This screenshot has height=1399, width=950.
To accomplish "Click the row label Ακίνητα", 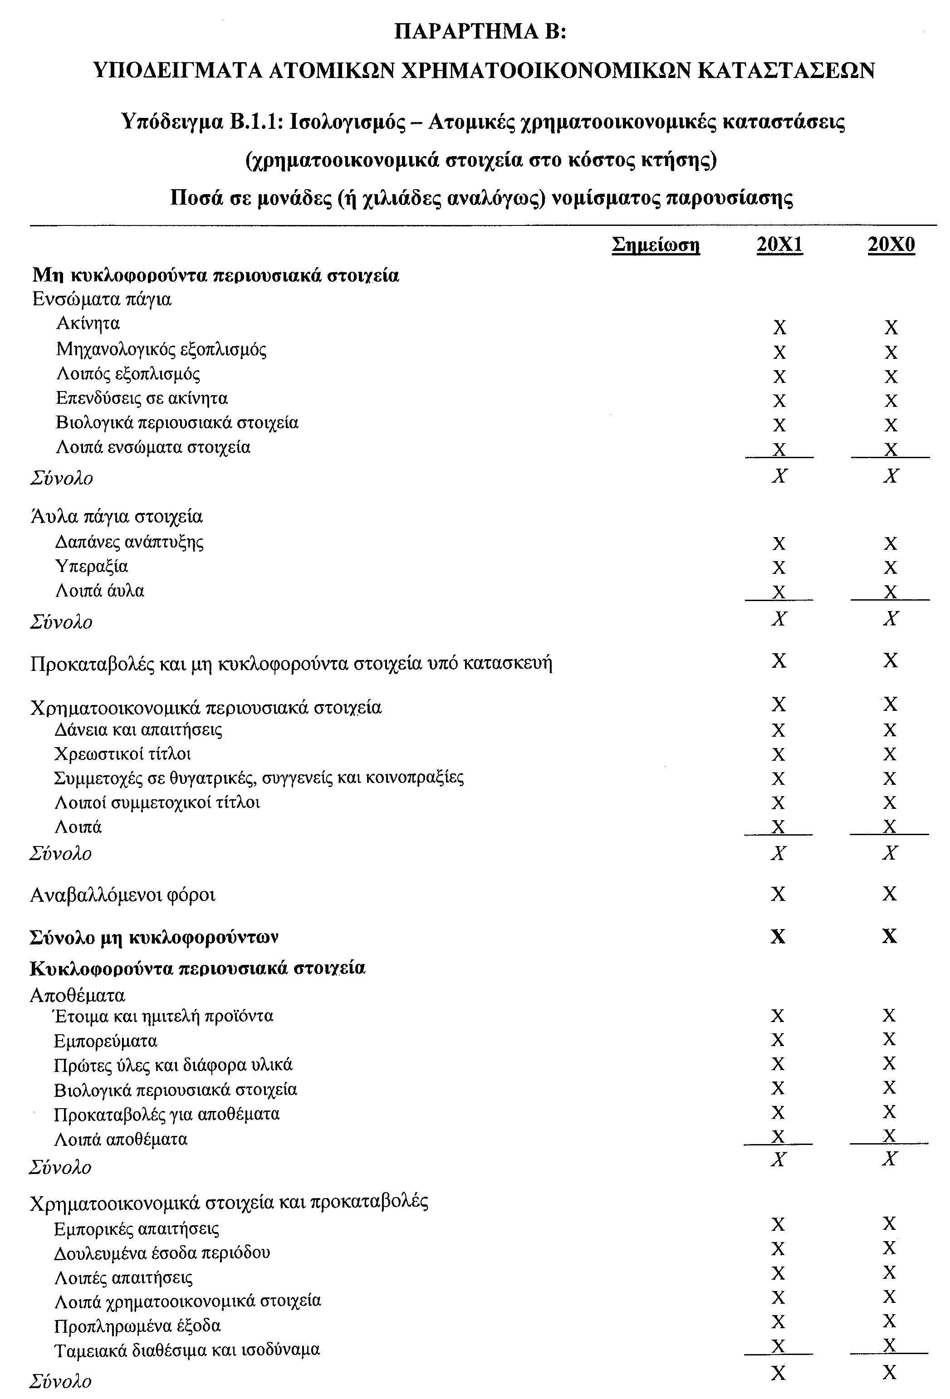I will [88, 324].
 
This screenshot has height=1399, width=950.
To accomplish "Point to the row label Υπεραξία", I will [92, 567].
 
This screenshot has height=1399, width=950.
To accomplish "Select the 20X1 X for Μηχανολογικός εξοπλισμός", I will [779, 352].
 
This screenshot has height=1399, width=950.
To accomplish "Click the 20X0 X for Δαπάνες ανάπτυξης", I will [891, 543].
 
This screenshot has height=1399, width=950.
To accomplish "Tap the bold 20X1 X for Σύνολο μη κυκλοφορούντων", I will [778, 937].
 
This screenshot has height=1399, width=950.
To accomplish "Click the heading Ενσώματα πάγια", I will [102, 299].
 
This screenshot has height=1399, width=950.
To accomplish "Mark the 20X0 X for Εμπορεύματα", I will [889, 1040].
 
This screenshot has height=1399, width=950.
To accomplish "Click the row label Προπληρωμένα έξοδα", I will [137, 1326].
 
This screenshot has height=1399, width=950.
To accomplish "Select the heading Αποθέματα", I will [78, 995].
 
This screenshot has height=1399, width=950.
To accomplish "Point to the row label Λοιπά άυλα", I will [100, 591].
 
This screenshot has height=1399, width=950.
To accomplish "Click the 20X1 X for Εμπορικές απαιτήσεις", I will [778, 1224].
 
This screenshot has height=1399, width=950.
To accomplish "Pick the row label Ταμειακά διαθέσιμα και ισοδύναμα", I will [186, 1350].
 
